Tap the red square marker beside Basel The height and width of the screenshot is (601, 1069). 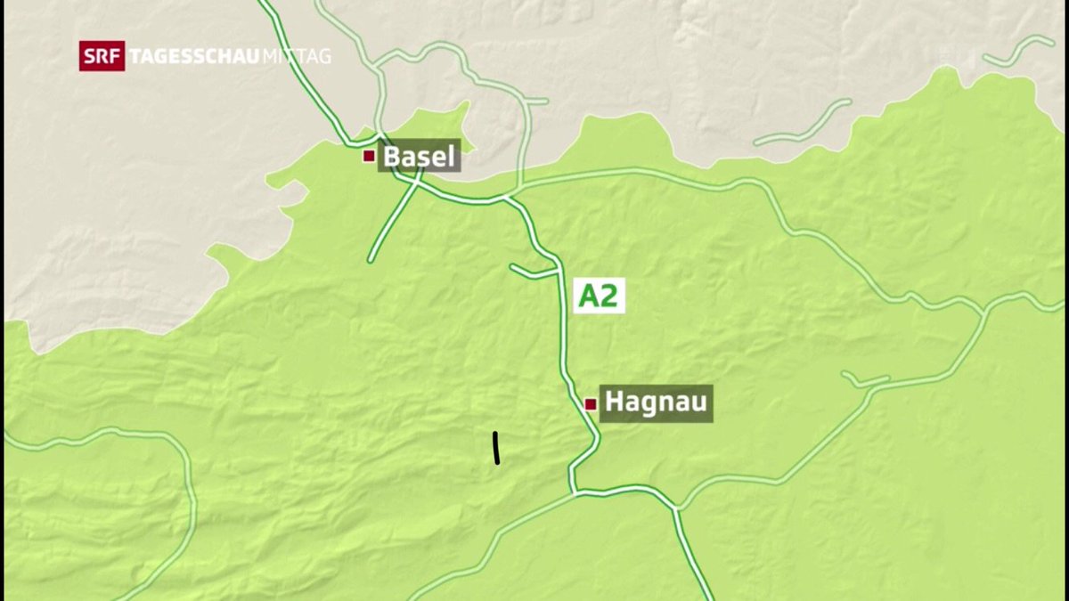tap(368, 156)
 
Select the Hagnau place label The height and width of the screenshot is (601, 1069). tap(656, 403)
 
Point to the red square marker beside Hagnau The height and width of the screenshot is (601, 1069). tap(590, 404)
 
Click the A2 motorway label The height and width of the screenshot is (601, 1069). tap(598, 296)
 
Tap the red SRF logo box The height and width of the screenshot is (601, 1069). tap(102, 56)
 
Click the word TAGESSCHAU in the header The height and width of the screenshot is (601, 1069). tap(194, 56)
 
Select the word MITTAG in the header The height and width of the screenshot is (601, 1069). tap(297, 56)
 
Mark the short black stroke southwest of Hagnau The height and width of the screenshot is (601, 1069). tap(495, 448)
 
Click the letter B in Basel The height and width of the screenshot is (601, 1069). tap(392, 158)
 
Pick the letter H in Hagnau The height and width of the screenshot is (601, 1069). tap(614, 403)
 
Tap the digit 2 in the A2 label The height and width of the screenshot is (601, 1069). tap(608, 296)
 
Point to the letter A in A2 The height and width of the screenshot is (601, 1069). tap(588, 296)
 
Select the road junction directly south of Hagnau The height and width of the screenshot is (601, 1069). tap(575, 491)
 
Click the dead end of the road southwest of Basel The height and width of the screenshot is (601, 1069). tap(371, 260)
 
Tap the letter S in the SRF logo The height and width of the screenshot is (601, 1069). tap(90, 56)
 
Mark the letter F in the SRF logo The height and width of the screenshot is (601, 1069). tap(114, 56)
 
